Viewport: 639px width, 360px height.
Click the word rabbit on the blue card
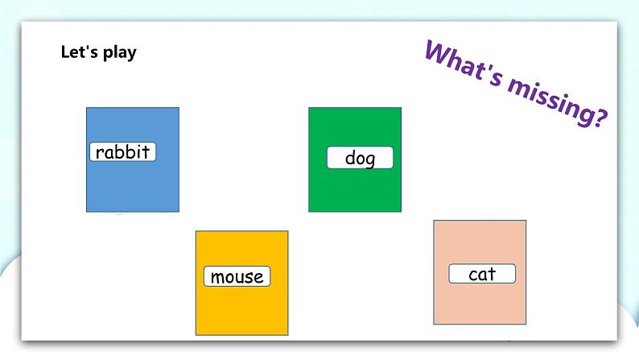[x=122, y=152]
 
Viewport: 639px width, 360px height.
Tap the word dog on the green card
[x=360, y=158]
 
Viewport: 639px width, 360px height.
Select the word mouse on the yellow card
[x=237, y=277]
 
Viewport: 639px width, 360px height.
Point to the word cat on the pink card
[x=482, y=275]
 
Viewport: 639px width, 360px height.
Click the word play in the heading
[x=119, y=52]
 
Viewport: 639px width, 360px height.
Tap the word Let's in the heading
[x=80, y=52]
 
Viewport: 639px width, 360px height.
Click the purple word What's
[x=464, y=63]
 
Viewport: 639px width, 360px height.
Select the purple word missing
[x=553, y=101]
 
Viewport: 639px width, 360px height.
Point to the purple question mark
[x=600, y=118]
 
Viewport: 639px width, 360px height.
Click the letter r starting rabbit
[x=99, y=154]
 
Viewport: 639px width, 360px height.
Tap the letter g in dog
[x=369, y=160]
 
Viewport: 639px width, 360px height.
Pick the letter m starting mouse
[x=217, y=278]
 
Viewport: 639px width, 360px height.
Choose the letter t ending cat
[x=492, y=275]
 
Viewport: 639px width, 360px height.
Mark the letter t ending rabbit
[x=146, y=152]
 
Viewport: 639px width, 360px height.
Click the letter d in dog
[x=349, y=157]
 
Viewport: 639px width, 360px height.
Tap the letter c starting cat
[x=472, y=276]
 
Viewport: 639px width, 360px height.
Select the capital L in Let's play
[x=65, y=52]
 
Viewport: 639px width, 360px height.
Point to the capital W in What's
[x=437, y=53]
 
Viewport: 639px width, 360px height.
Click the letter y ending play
[x=132, y=55]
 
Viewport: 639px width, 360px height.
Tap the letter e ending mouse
[x=258, y=279]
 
